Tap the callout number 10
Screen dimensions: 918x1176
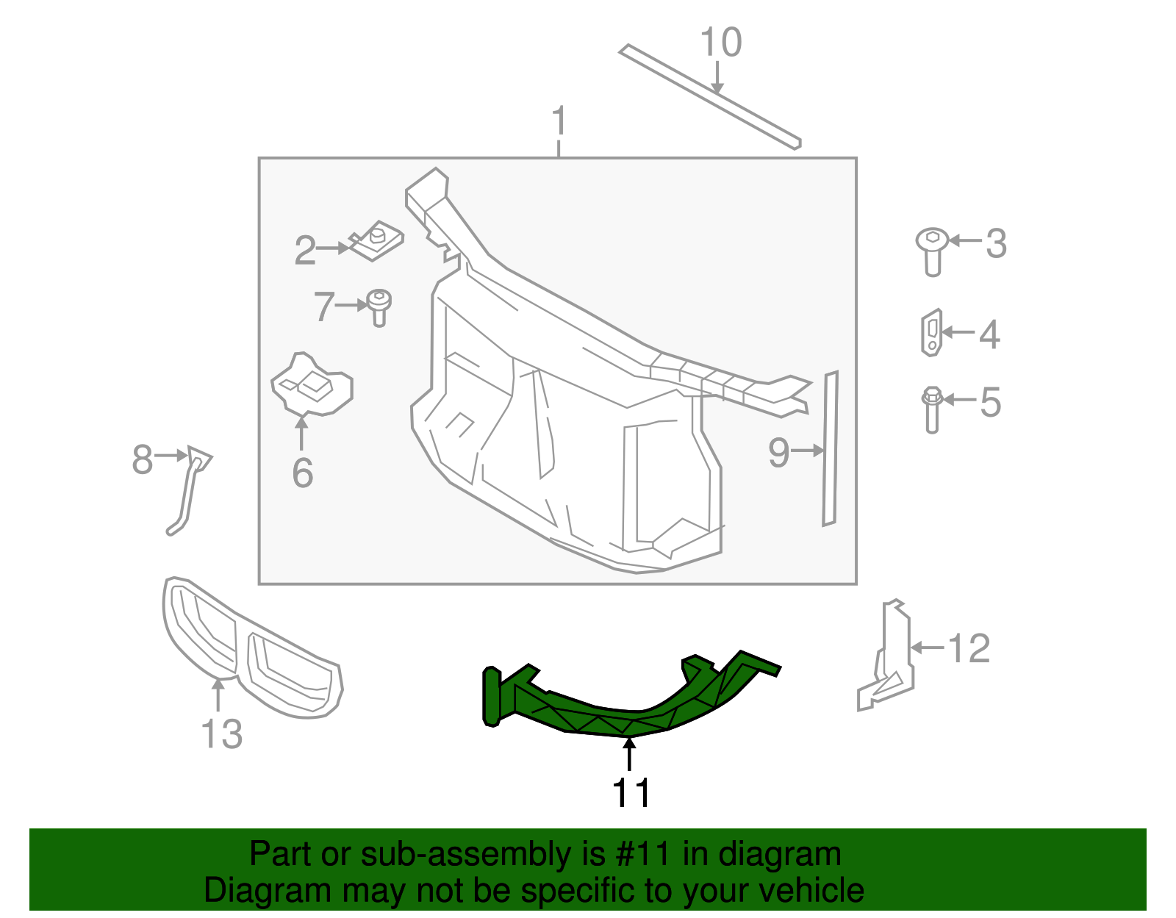coord(720,43)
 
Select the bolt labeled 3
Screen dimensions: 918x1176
coord(932,250)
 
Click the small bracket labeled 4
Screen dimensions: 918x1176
coord(931,332)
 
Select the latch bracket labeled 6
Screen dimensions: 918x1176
coord(312,385)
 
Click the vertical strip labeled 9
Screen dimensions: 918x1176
coord(830,448)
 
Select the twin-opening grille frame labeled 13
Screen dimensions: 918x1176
coord(250,650)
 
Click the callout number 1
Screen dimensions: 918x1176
coord(559,121)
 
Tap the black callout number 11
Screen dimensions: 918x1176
coord(631,793)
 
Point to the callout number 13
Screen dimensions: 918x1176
coord(221,734)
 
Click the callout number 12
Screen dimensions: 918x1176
coord(969,649)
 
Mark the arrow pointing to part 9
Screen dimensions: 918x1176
coord(807,451)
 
